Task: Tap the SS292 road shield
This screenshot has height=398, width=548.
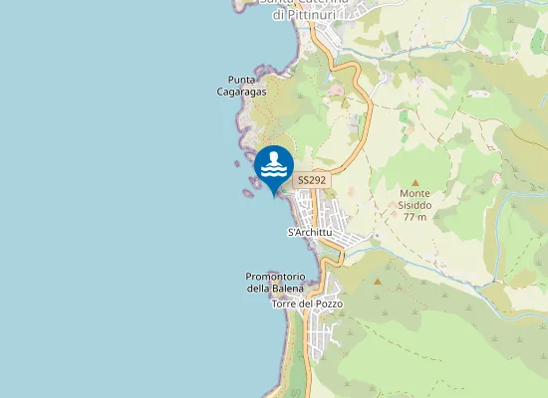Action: point(312,180)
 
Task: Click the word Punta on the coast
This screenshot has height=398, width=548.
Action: point(242,80)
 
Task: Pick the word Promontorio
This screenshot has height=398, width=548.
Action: point(274,277)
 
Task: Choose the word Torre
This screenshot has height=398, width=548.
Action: point(286,302)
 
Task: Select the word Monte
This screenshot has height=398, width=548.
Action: point(414,193)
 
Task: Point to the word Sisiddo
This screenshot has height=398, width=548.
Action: point(414,205)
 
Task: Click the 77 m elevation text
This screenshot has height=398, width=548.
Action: point(414,217)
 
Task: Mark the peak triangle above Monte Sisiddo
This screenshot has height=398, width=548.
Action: point(414,181)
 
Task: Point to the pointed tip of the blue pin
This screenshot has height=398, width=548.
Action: point(274,196)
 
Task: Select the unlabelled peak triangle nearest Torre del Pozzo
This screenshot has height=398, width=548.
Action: point(378,282)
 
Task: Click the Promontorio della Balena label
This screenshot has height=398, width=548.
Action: point(274,283)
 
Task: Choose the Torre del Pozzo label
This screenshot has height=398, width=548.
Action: point(307,302)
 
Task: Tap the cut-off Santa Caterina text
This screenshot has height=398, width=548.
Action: point(304,3)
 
